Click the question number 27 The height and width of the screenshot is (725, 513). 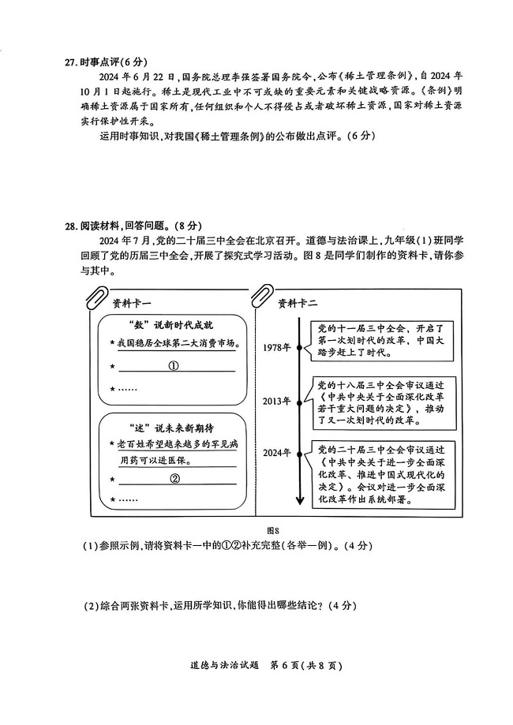tap(71, 62)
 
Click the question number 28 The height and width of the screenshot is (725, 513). tap(71, 226)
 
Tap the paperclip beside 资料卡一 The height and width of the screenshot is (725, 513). tap(97, 297)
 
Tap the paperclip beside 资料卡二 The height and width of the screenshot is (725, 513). tap(262, 297)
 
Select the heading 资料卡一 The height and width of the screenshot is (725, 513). tap(132, 304)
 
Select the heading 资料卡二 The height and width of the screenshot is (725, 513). tap(298, 304)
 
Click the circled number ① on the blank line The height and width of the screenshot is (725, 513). tap(174, 366)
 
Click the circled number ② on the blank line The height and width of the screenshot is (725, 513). tap(175, 479)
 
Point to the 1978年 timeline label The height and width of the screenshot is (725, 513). tap(276, 348)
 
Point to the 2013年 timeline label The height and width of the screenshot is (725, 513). tap(276, 402)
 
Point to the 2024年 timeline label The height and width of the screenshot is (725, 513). tap(276, 453)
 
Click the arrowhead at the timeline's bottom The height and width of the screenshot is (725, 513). tap(300, 501)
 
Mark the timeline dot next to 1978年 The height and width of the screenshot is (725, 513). tap(300, 348)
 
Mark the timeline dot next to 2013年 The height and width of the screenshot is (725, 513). tap(300, 403)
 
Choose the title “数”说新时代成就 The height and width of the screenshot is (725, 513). tap(170, 326)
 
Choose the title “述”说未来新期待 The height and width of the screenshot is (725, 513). tap(170, 428)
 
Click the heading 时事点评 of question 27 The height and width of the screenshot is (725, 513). tap(99, 62)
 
